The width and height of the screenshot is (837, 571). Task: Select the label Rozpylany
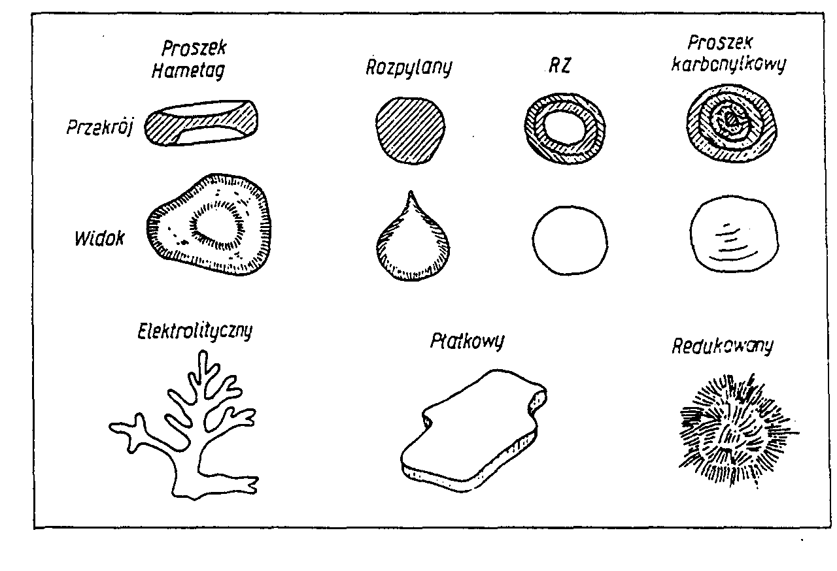pos(409,67)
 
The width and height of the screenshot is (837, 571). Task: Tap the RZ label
pos(560,66)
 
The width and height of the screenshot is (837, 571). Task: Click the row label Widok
pos(99,238)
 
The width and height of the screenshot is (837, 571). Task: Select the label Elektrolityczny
pos(195,331)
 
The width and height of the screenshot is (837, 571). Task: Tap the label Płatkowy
pos(467,341)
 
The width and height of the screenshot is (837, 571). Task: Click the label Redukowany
pos(722,346)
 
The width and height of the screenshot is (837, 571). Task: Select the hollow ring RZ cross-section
pos(565,124)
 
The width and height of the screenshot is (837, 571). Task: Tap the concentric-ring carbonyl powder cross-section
pos(731,122)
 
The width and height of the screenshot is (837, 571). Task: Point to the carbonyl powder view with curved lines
pos(734,233)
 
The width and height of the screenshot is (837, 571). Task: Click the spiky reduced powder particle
pos(736,427)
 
